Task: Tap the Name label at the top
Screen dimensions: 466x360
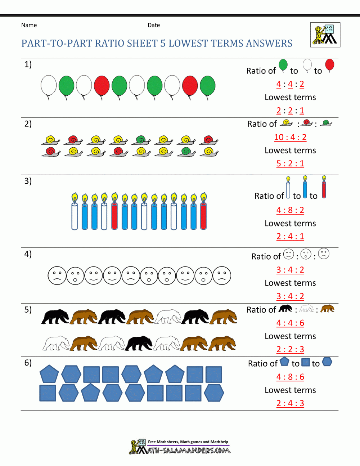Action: click(29, 25)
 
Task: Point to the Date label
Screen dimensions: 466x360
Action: click(154, 25)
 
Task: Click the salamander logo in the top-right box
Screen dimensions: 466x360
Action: click(325, 35)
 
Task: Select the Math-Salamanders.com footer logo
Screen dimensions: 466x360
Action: click(180, 447)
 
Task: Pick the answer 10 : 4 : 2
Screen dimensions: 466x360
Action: click(290, 137)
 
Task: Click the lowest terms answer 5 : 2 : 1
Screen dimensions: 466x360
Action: click(290, 163)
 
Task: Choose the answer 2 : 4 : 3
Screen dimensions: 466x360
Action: click(290, 403)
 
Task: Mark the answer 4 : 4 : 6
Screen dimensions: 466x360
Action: click(290, 323)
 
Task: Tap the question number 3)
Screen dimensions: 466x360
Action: click(28, 181)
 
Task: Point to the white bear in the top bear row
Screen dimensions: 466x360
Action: click(168, 316)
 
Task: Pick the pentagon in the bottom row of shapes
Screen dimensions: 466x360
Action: click(90, 393)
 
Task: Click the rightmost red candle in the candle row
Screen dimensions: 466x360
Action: click(203, 212)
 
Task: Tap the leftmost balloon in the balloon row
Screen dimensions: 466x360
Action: click(49, 86)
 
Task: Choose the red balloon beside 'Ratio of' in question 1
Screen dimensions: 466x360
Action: click(329, 66)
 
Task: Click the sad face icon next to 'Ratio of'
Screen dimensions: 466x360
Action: click(324, 254)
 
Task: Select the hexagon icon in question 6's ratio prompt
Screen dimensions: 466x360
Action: click(327, 362)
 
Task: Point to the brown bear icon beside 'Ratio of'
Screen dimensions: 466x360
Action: click(327, 309)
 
